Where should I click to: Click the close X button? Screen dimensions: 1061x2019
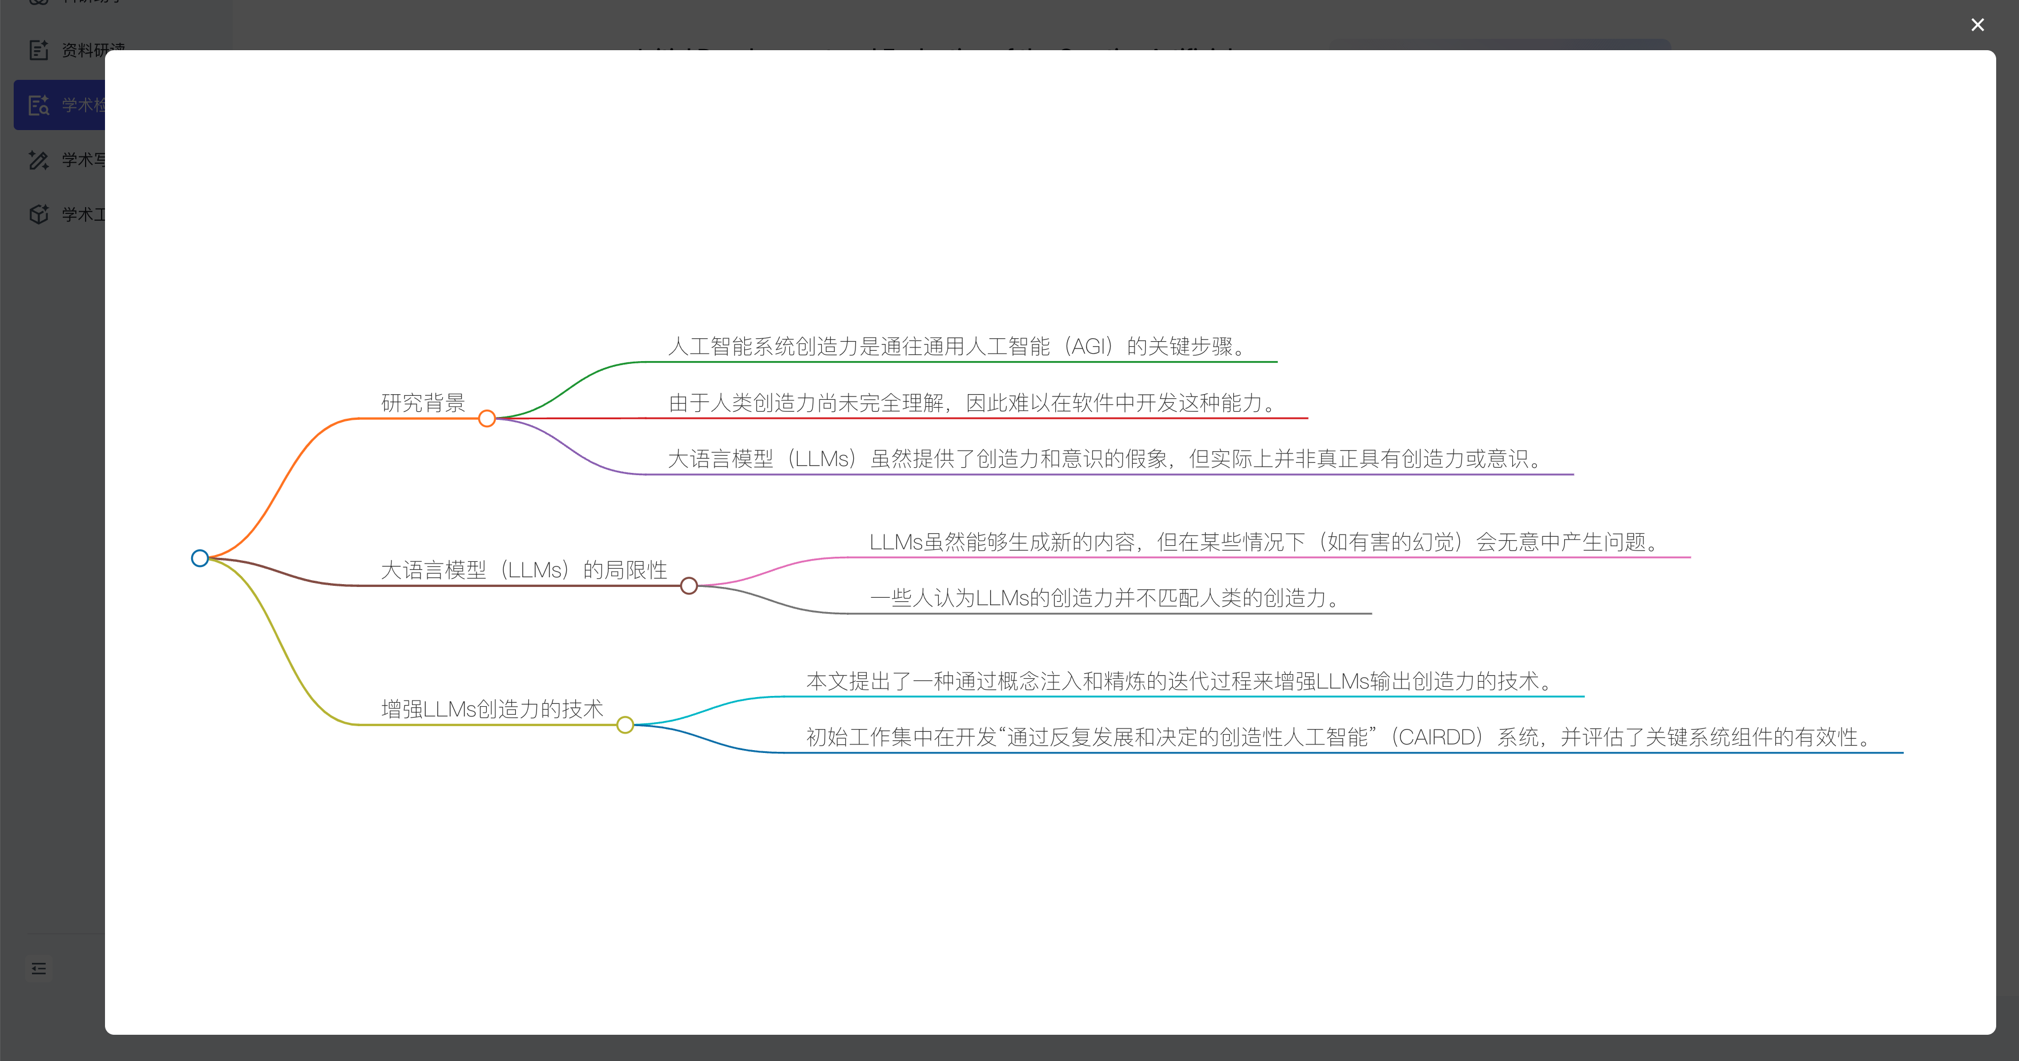[x=1977, y=25]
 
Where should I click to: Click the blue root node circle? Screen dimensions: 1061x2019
[x=200, y=558]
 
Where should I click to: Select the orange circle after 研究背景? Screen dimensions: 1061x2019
[x=487, y=419]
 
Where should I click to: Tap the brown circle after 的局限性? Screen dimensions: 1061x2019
[x=689, y=585]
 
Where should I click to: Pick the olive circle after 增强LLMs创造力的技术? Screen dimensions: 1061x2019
[x=625, y=725]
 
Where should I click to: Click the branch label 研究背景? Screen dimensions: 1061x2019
[x=423, y=403]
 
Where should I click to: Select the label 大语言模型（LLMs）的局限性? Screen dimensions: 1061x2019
[x=523, y=570]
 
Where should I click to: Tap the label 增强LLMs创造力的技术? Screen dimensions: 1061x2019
[x=492, y=709]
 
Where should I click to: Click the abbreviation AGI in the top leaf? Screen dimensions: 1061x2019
[x=1090, y=346]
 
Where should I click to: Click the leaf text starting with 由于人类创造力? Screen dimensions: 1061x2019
[x=972, y=403]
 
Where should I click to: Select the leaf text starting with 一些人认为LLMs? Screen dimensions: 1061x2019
[x=1105, y=598]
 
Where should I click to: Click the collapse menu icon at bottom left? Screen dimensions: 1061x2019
[x=38, y=969]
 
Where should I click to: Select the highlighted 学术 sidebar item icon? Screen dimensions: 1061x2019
[x=38, y=105]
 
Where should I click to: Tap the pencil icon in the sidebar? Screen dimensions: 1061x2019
[x=38, y=160]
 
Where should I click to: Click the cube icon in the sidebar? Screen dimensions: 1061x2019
[x=38, y=214]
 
